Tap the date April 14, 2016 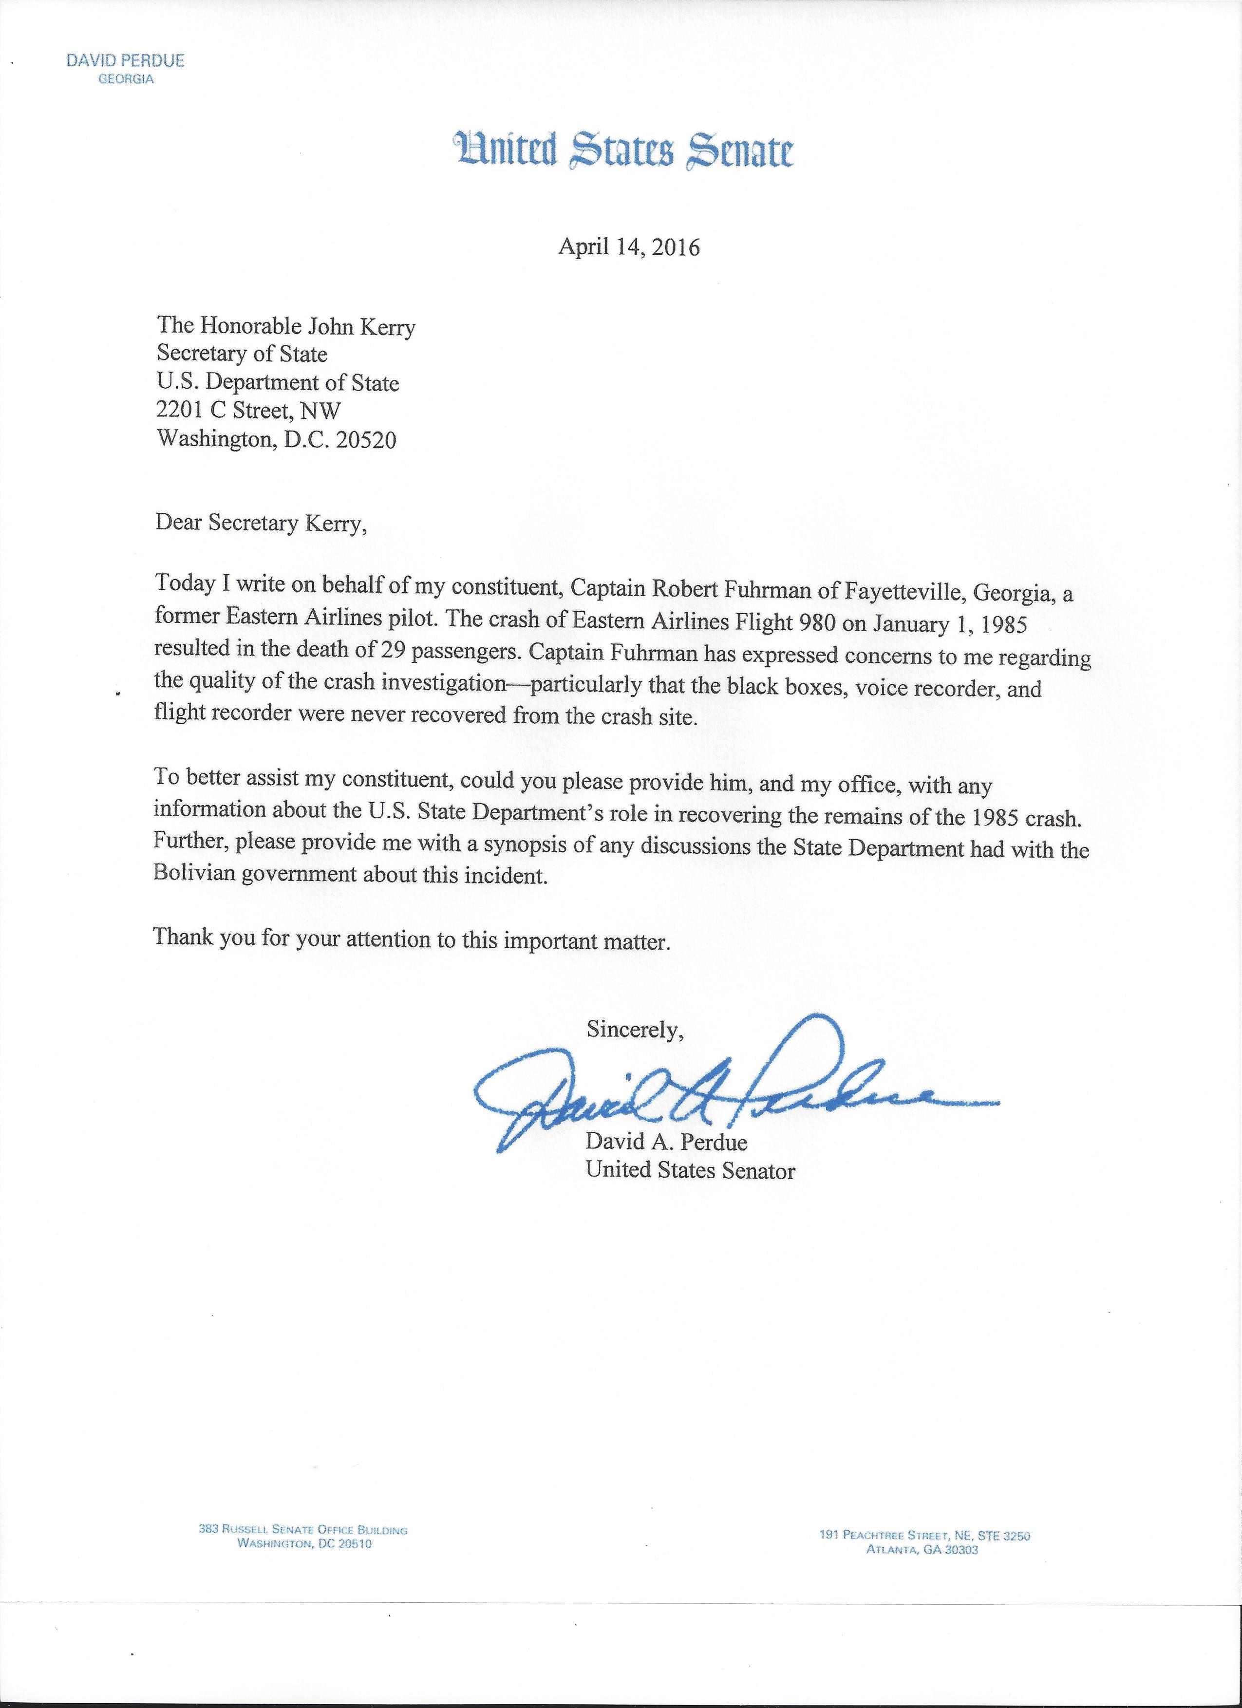628,247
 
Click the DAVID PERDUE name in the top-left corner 125,61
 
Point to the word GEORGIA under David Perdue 126,79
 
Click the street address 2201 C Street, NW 248,411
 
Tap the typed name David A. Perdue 666,1142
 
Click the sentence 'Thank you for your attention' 411,939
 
